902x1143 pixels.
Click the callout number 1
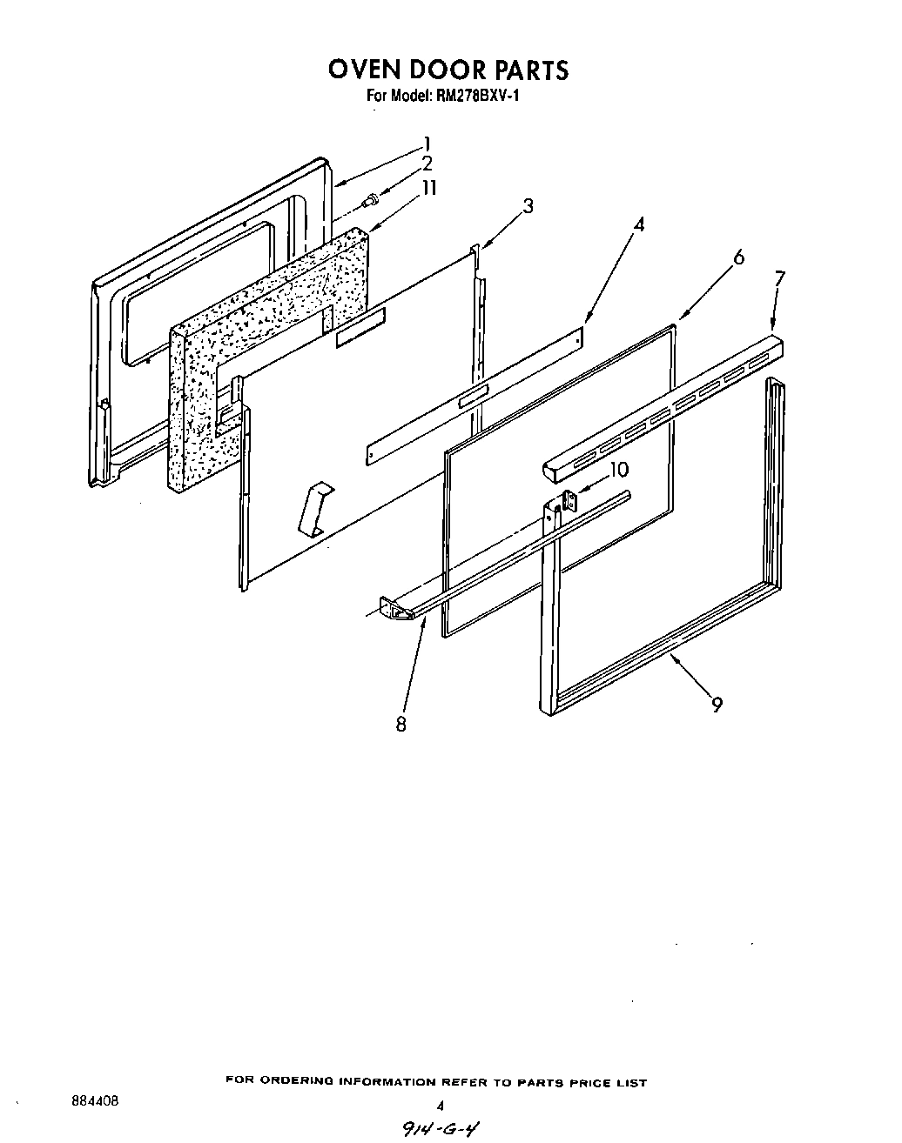427,144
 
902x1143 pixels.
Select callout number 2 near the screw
427,164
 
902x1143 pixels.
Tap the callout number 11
429,188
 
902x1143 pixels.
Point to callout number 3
528,206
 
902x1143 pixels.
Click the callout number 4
639,224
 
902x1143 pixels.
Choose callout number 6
739,257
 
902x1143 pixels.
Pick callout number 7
779,278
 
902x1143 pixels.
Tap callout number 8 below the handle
401,724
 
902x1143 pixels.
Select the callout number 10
618,470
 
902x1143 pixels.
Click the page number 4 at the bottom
441,1106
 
